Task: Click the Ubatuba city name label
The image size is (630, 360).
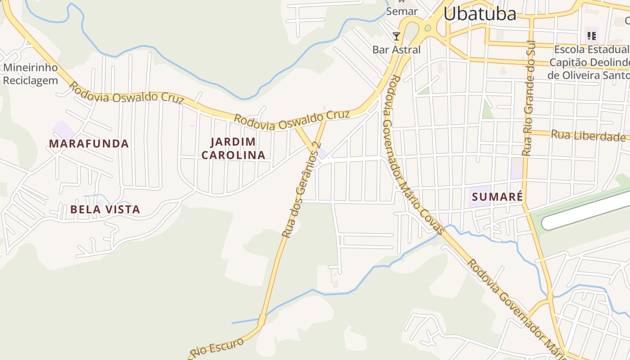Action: click(480, 14)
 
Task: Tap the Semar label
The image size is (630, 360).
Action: click(402, 11)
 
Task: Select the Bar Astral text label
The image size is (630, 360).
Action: click(396, 49)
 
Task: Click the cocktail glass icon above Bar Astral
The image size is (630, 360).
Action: click(396, 36)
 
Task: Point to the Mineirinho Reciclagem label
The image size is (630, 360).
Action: click(31, 74)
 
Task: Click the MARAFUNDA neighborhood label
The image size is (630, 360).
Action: click(89, 144)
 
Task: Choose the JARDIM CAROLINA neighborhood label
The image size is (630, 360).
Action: click(233, 148)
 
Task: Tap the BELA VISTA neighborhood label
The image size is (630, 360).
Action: click(105, 210)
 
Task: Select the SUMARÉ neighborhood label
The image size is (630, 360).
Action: click(497, 197)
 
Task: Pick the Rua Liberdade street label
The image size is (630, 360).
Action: click(588, 135)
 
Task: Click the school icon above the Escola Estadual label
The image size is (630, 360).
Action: click(591, 36)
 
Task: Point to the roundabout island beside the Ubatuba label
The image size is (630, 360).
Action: click(427, 28)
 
